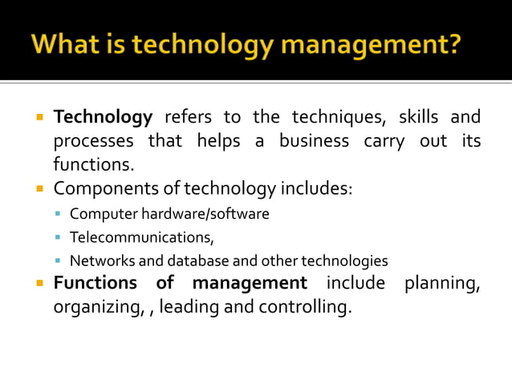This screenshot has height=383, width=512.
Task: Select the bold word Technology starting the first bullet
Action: click(103, 118)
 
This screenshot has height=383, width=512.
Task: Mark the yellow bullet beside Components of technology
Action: click(39, 190)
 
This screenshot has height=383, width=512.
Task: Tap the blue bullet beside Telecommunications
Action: click(59, 238)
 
